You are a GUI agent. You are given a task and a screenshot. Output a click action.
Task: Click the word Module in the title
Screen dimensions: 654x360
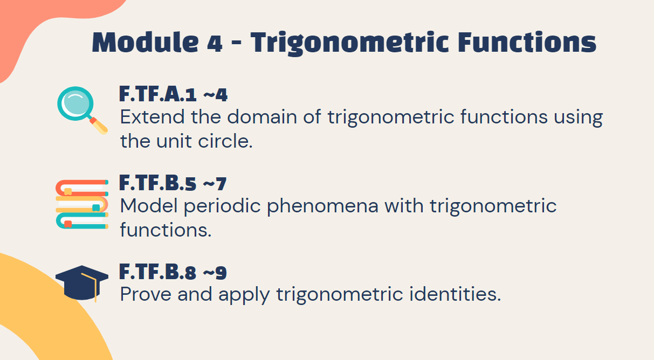[x=146, y=42]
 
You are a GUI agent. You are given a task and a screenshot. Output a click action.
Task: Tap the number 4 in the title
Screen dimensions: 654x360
[x=215, y=44]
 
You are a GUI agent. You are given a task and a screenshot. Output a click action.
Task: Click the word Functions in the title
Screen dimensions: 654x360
[x=527, y=42]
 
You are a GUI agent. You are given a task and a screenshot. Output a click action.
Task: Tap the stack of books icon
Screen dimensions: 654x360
[x=82, y=204]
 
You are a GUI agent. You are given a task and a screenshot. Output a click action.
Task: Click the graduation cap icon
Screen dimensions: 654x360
[x=82, y=283]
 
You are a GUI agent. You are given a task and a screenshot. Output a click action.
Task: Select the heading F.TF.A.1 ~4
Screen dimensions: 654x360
[x=173, y=94]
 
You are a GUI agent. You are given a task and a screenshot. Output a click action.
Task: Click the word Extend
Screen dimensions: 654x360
[x=152, y=117]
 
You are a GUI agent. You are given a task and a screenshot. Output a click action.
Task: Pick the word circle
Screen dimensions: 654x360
[x=225, y=141]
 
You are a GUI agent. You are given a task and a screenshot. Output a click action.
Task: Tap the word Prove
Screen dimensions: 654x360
[x=146, y=294]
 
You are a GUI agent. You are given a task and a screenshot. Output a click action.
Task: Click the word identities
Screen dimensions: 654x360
[x=455, y=294]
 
